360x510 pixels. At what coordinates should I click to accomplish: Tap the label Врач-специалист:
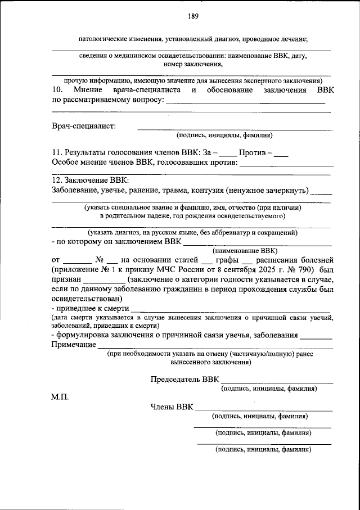tap(84, 125)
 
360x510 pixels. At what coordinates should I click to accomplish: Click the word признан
tap(67, 279)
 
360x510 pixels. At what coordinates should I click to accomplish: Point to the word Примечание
tap(74, 344)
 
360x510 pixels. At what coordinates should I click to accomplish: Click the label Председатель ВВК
tap(184, 379)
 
